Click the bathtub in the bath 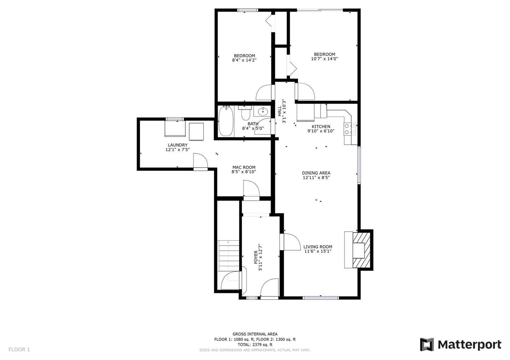226,121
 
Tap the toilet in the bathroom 245,113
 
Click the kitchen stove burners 350,129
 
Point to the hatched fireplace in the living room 361,250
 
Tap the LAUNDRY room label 178,145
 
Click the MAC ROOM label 244,167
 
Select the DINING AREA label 316,173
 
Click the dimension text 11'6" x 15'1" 318,251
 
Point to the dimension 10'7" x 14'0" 324,59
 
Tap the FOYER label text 256,257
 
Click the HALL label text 280,111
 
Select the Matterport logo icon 427,344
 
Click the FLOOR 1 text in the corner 19,349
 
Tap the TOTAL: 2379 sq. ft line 255,345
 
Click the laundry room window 175,119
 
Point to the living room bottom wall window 321,298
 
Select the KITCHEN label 321,126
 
